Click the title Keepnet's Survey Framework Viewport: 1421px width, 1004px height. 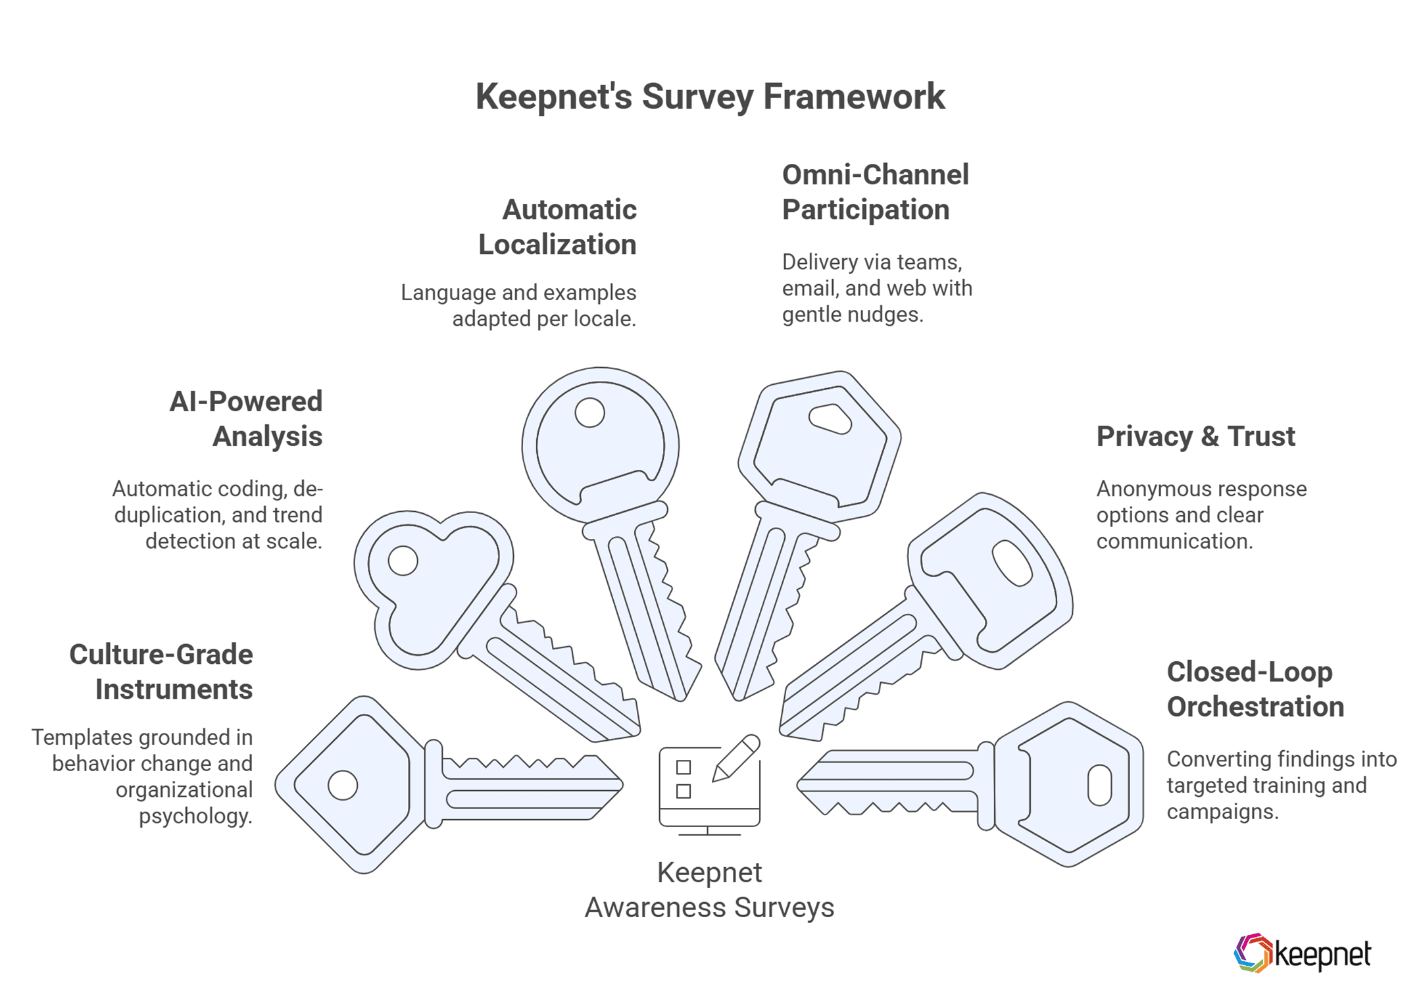(710, 97)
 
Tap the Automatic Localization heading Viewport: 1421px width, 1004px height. (558, 227)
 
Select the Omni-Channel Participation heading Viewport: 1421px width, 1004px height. (875, 192)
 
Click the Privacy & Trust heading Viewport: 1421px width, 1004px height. (1195, 437)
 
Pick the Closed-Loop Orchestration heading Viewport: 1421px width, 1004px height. (1255, 690)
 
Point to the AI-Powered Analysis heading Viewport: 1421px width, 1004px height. (247, 419)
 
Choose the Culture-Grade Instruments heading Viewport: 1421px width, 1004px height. (161, 672)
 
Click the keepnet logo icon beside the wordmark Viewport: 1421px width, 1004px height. (1253, 953)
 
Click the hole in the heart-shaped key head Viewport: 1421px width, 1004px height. (403, 561)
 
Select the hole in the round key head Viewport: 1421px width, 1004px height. (589, 413)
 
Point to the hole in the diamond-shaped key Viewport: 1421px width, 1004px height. (343, 785)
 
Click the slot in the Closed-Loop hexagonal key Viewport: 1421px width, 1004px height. (1099, 785)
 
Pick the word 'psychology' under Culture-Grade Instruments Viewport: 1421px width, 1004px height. (195, 816)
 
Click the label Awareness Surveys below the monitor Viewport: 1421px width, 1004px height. (709, 908)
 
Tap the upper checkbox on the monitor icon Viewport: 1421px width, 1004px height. (684, 767)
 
